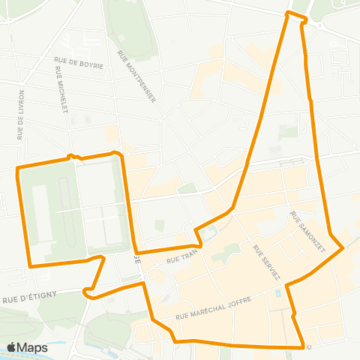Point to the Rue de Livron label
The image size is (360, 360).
point(21,115)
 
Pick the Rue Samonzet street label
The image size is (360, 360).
point(307,231)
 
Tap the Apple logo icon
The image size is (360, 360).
point(12,347)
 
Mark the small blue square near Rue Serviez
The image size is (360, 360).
point(279,293)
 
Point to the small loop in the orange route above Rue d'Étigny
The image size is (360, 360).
point(90,292)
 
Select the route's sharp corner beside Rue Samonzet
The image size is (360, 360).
point(343,247)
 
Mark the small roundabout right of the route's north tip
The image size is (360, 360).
point(319,24)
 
